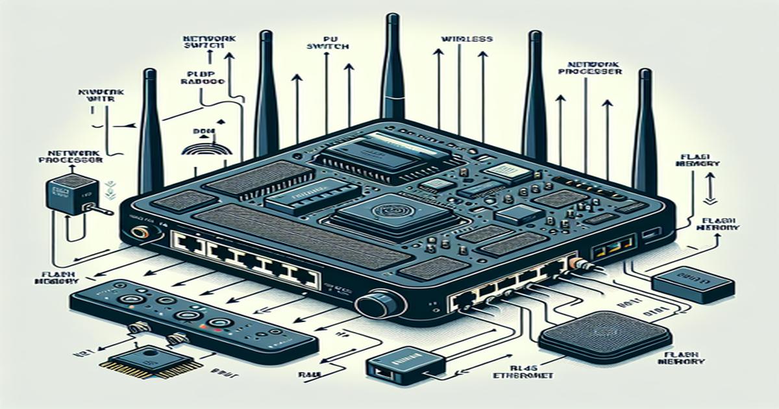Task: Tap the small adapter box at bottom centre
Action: [x=404, y=367]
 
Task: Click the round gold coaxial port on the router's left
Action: [x=138, y=233]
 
